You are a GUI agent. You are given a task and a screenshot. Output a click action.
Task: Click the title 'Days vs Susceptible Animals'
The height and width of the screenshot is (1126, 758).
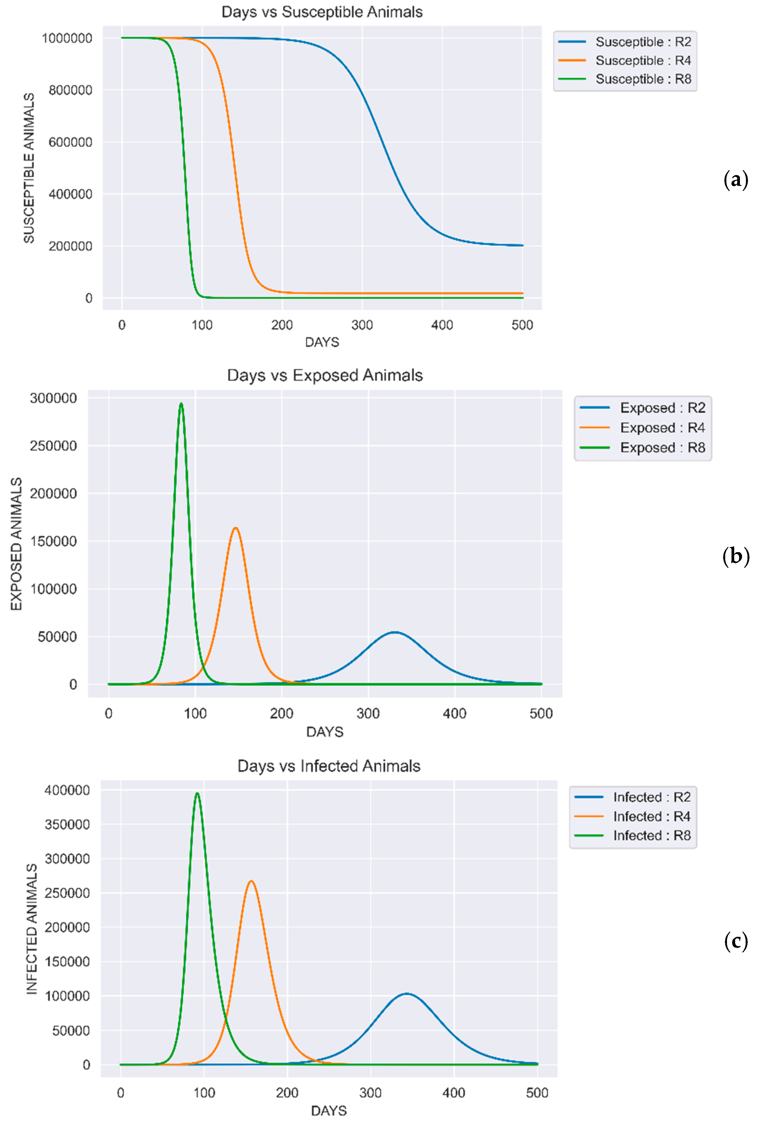tap(322, 12)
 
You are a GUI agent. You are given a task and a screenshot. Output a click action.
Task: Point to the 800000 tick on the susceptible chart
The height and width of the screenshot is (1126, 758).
tap(70, 90)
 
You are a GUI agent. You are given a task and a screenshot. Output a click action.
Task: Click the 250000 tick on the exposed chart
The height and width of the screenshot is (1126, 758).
tap(53, 446)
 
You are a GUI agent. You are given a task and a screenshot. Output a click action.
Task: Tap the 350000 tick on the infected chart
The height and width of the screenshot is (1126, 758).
tap(67, 824)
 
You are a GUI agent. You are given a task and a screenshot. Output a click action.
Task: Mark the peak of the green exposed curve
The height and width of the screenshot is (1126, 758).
tap(181, 404)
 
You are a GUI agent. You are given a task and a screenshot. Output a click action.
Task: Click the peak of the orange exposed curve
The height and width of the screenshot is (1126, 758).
tap(236, 528)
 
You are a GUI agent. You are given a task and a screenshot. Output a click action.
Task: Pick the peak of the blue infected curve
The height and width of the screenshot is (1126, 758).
tap(407, 993)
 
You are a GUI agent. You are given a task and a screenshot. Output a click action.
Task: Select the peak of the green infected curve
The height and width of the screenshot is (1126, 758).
tap(197, 793)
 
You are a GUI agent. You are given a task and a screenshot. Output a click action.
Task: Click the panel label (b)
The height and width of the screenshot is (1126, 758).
tap(736, 556)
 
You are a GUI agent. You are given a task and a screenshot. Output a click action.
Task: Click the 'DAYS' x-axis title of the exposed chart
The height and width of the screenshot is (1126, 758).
tap(325, 732)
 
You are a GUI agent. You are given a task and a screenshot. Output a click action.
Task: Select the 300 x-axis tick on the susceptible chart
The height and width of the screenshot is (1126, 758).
tap(362, 325)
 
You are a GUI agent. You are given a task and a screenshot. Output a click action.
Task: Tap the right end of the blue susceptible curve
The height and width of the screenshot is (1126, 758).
tap(522, 246)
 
